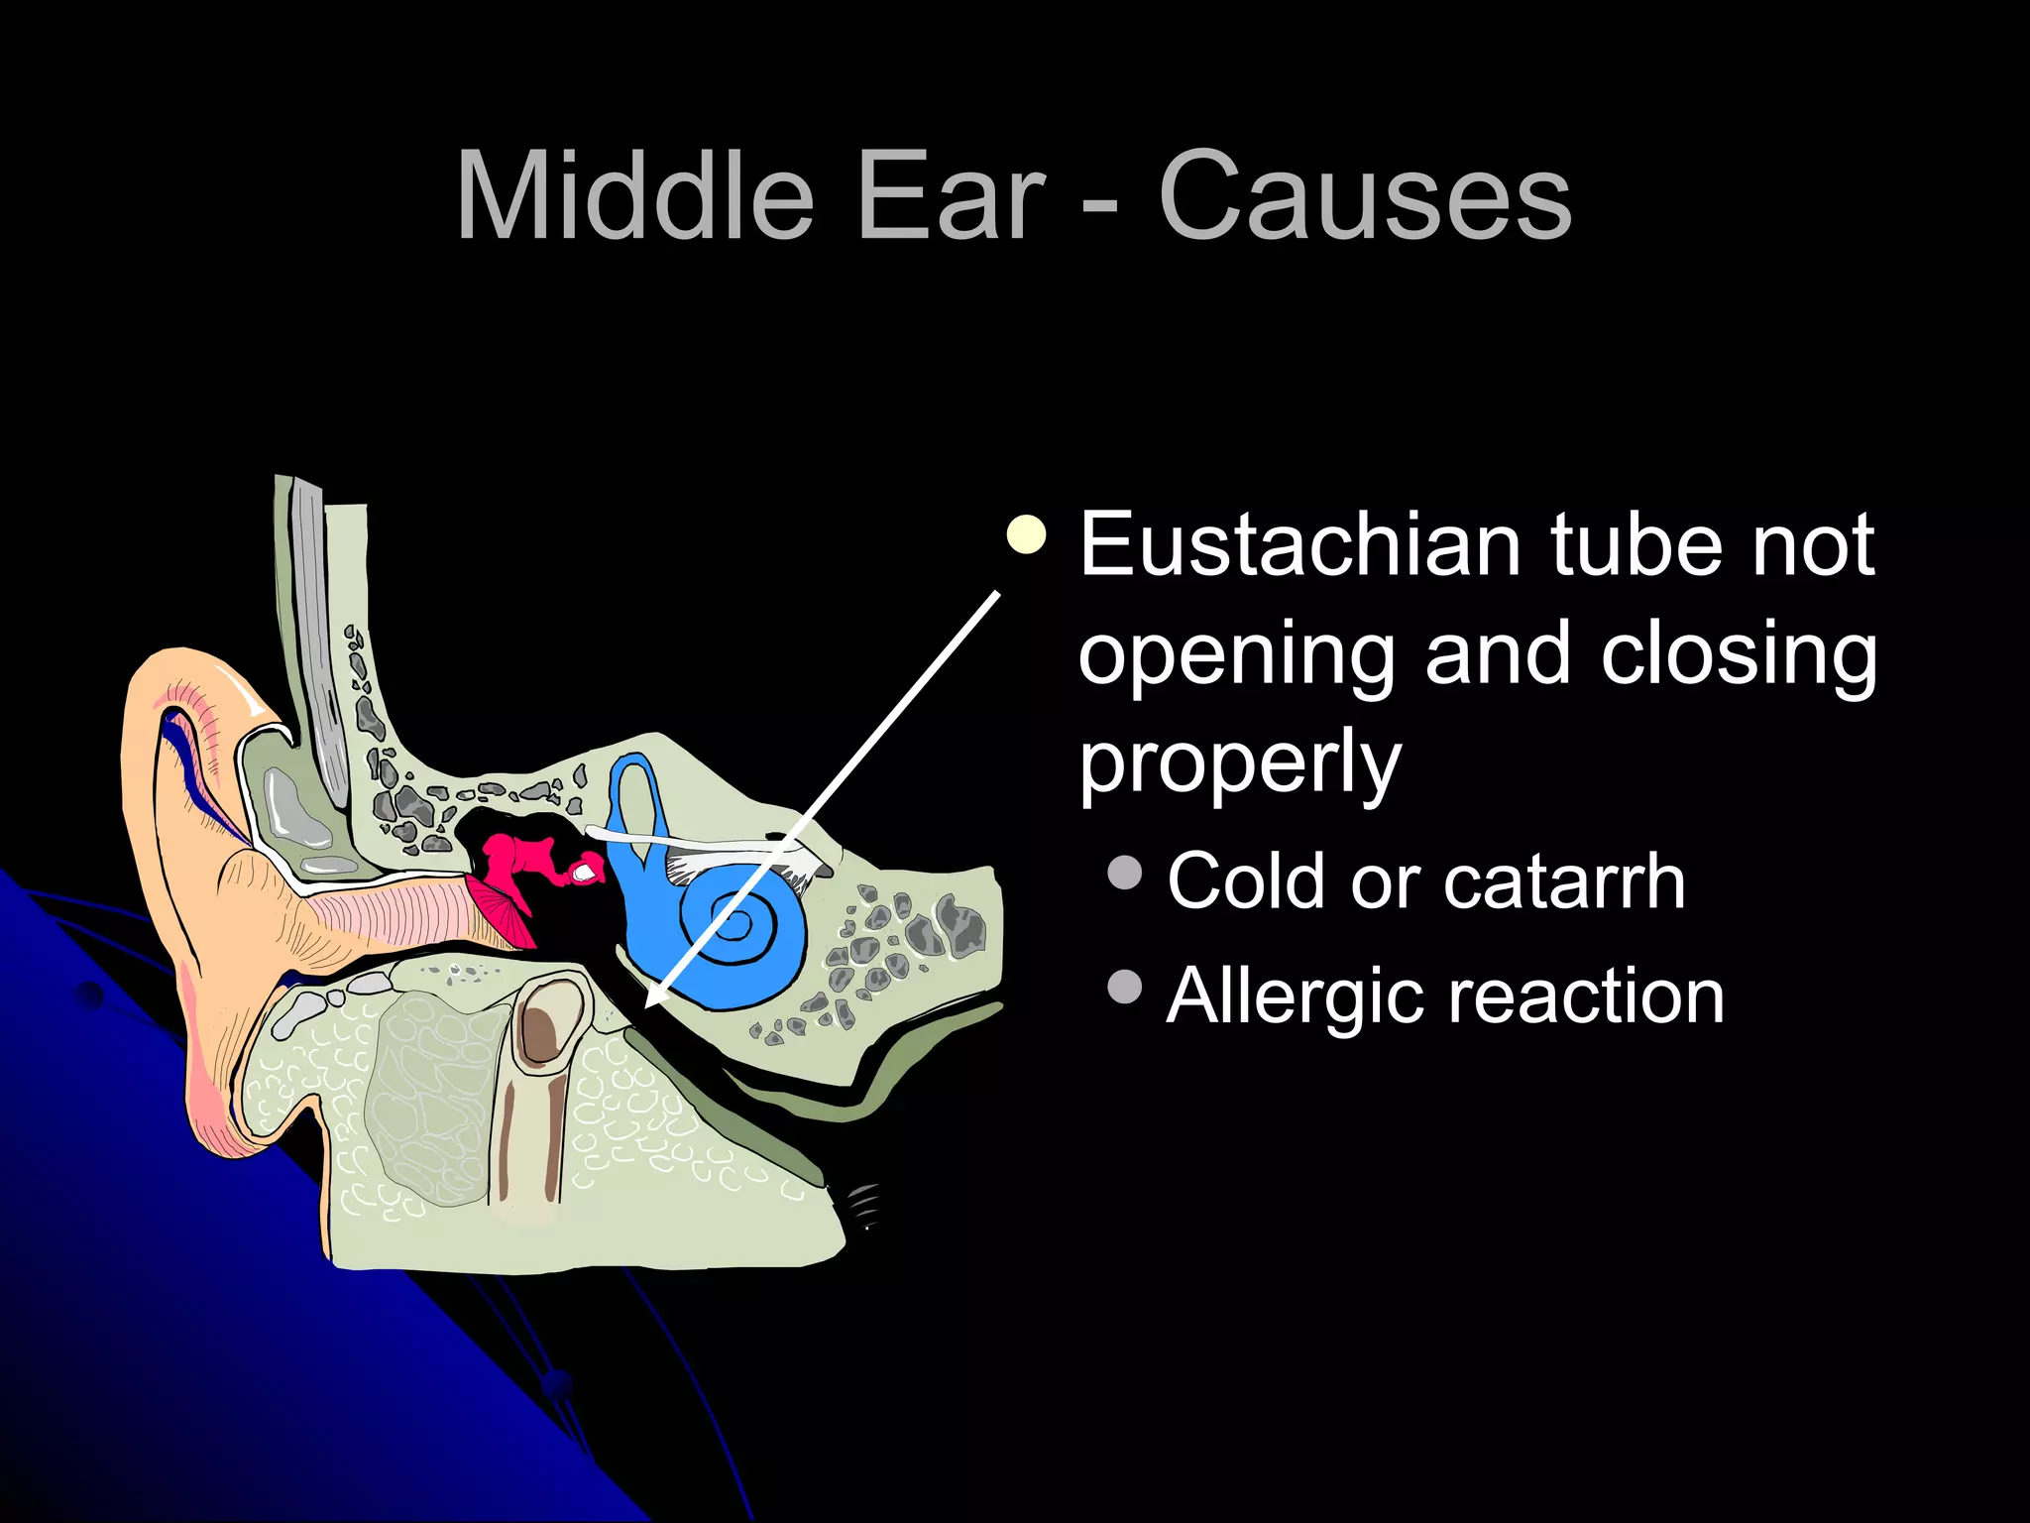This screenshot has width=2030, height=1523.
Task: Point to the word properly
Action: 1240,764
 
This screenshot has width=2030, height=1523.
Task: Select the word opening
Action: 1239,656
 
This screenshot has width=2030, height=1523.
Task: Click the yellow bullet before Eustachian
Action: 1026,535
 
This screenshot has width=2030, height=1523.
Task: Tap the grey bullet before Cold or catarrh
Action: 1125,873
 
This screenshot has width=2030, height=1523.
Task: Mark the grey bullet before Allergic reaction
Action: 1125,988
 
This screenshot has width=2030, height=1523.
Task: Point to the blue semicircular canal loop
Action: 633,793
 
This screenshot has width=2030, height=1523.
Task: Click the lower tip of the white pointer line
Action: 649,1003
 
